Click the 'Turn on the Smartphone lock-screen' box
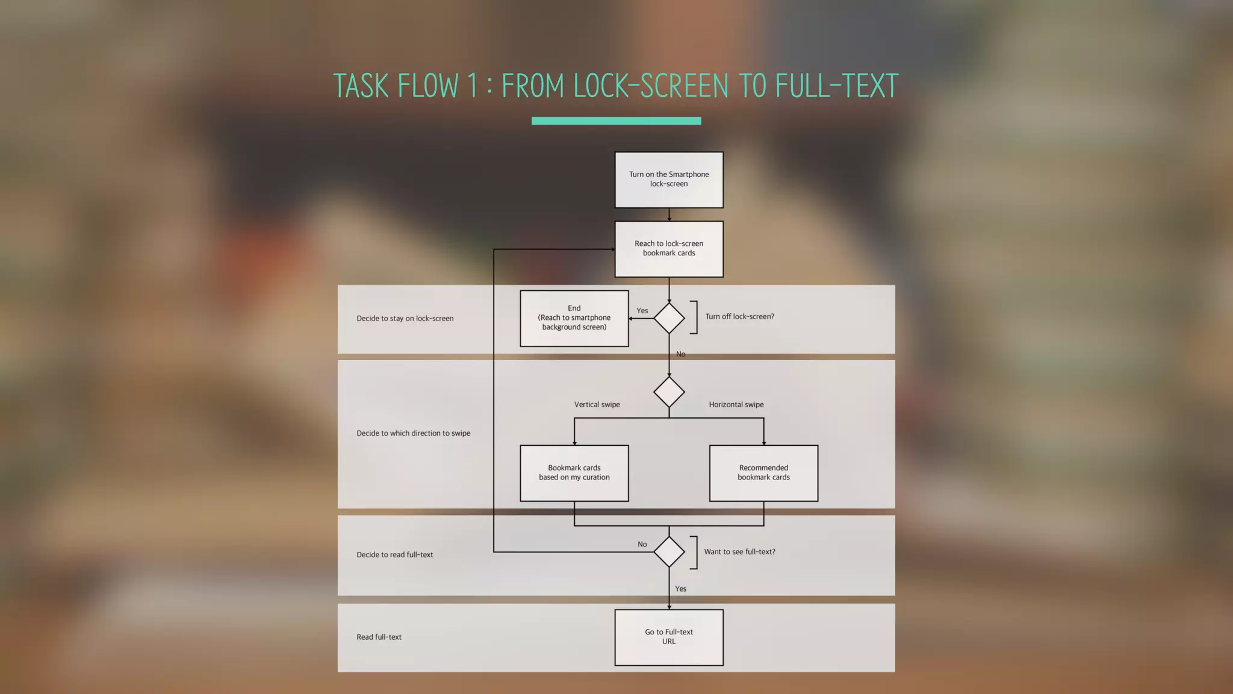coord(669,180)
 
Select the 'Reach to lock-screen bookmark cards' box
coord(669,249)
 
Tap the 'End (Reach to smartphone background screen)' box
coord(574,318)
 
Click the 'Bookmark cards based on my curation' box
coord(574,473)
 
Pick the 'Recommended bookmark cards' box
coord(763,473)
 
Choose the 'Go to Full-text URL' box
coord(669,637)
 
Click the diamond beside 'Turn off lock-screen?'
coord(669,318)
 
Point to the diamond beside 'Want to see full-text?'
coord(669,552)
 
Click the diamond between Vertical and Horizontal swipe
coord(669,392)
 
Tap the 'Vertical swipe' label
coord(597,404)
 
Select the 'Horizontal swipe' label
coord(736,404)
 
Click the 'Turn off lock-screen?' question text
coord(739,316)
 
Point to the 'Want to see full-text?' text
coord(739,552)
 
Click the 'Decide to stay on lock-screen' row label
coord(405,318)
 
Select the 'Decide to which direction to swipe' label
coord(413,433)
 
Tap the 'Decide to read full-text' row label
coord(394,555)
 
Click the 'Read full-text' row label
coord(379,637)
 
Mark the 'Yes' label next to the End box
coord(642,311)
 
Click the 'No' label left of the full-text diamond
coord(642,544)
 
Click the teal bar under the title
coord(616,120)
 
